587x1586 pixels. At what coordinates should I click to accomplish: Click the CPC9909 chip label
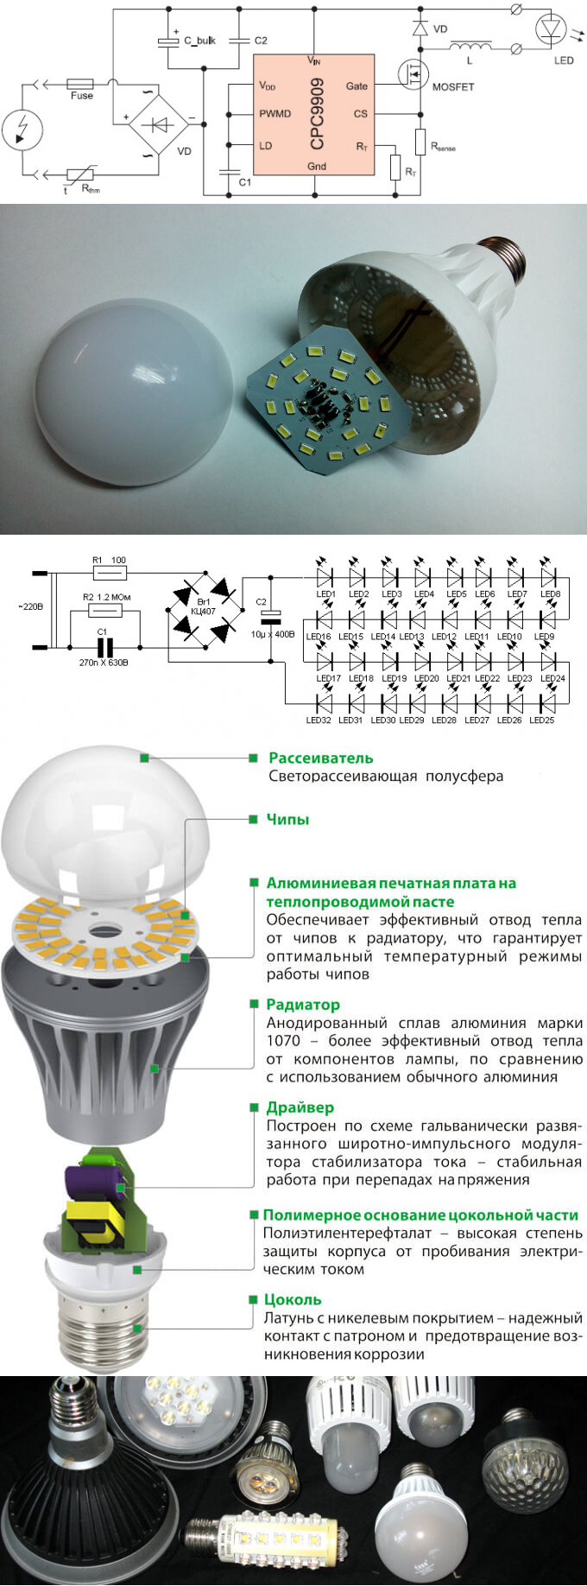(x=317, y=113)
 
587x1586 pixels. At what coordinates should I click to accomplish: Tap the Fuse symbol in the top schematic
(x=80, y=85)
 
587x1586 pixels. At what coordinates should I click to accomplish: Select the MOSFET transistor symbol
(x=413, y=74)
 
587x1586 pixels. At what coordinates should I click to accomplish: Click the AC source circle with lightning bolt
(x=21, y=130)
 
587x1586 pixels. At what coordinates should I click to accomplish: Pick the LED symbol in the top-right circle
(x=550, y=30)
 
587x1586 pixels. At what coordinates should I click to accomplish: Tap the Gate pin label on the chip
(x=357, y=86)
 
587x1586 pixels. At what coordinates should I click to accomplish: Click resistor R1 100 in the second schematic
(x=110, y=573)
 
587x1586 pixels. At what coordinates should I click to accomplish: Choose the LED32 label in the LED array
(x=319, y=720)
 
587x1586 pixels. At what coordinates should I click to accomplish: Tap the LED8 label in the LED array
(x=550, y=594)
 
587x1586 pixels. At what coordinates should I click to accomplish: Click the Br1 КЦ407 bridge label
(x=204, y=606)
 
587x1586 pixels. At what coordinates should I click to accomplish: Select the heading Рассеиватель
(x=320, y=758)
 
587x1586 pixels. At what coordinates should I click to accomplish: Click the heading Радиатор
(x=302, y=1005)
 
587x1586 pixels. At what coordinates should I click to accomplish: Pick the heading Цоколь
(x=293, y=1299)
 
